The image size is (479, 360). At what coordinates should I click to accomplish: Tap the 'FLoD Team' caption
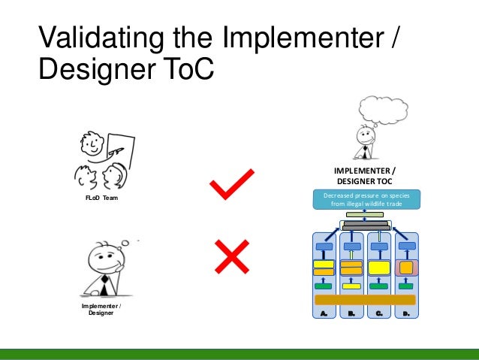[101, 198]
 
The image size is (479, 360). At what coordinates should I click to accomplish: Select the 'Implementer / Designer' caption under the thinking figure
[101, 310]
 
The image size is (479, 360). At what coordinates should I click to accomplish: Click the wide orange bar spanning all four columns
[365, 300]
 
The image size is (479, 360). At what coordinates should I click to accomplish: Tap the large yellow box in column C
[379, 268]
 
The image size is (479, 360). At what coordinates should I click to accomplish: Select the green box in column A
[324, 286]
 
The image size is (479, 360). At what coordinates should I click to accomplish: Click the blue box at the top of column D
[406, 246]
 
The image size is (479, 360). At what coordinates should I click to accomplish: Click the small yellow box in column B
[351, 286]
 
